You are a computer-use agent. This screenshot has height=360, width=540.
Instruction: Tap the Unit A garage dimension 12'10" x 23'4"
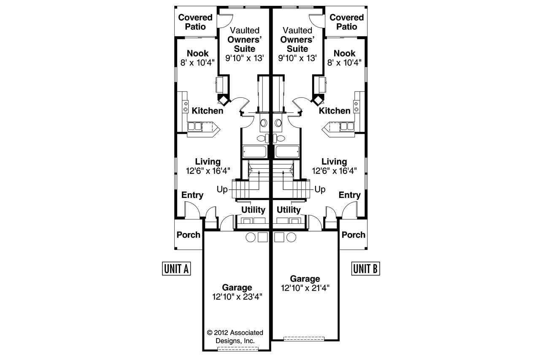238,297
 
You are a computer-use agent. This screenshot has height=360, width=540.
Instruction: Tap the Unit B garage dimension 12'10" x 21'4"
305,288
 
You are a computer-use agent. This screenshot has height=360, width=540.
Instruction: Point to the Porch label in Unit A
189,235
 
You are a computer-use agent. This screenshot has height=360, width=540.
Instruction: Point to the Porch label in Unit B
354,235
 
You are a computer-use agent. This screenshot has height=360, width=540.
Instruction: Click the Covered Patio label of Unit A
195,22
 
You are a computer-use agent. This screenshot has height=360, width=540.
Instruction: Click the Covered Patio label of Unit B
346,22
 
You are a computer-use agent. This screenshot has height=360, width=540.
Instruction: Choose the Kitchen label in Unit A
208,111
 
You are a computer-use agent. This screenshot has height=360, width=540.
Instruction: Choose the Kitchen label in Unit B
335,111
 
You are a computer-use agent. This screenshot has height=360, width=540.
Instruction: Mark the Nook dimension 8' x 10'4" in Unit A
197,62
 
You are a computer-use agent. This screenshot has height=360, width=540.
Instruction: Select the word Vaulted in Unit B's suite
297,30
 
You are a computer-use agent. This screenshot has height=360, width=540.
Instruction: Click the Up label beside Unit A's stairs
222,189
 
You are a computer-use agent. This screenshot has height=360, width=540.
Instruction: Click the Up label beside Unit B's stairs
320,189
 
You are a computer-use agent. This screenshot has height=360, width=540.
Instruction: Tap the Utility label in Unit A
253,210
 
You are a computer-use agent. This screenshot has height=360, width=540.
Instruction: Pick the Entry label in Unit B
350,195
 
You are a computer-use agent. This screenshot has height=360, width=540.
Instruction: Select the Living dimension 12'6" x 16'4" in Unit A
208,171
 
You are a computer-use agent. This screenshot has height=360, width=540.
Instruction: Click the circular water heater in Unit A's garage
250,237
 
